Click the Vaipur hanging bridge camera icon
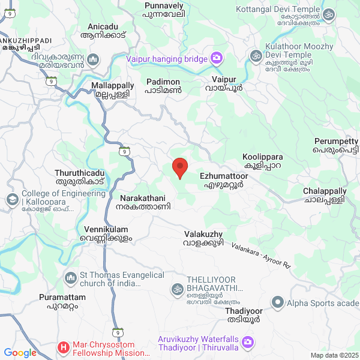(216, 59)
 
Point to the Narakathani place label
(145, 202)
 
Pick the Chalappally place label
(324, 194)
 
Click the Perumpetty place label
(336, 145)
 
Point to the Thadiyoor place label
(244, 315)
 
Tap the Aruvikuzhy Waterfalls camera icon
(248, 343)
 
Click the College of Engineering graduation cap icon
(12, 199)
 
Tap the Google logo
(20, 353)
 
